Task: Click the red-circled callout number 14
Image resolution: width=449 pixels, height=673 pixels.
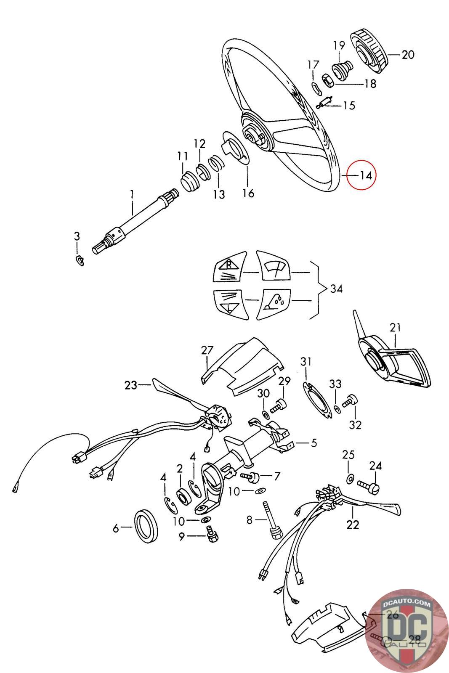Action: (361, 175)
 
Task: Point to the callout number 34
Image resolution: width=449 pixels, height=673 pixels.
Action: (336, 289)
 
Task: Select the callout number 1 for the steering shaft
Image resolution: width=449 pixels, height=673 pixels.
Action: (132, 194)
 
